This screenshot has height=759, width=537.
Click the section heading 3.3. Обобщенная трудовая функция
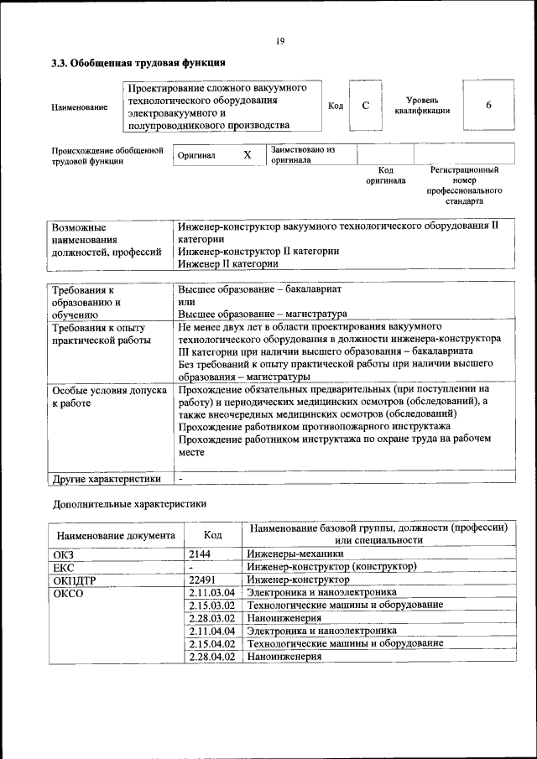pos(138,63)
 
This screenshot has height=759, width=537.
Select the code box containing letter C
pos(365,106)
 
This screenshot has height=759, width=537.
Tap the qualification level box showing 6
pos(488,106)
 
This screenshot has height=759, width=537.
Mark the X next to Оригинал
pos(247,155)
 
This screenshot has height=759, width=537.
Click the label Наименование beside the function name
pos(79,107)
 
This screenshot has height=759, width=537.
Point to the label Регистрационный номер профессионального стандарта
pos(464,185)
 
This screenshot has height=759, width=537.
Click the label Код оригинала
pos(385,174)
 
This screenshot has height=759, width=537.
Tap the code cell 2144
pos(200,554)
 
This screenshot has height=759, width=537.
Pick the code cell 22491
pos(202,580)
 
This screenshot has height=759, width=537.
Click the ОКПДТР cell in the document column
pos(73,580)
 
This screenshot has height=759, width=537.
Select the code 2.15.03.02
pos(211,605)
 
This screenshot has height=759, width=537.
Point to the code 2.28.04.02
pos(211,657)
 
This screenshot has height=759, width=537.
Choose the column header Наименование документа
pos(116,535)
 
